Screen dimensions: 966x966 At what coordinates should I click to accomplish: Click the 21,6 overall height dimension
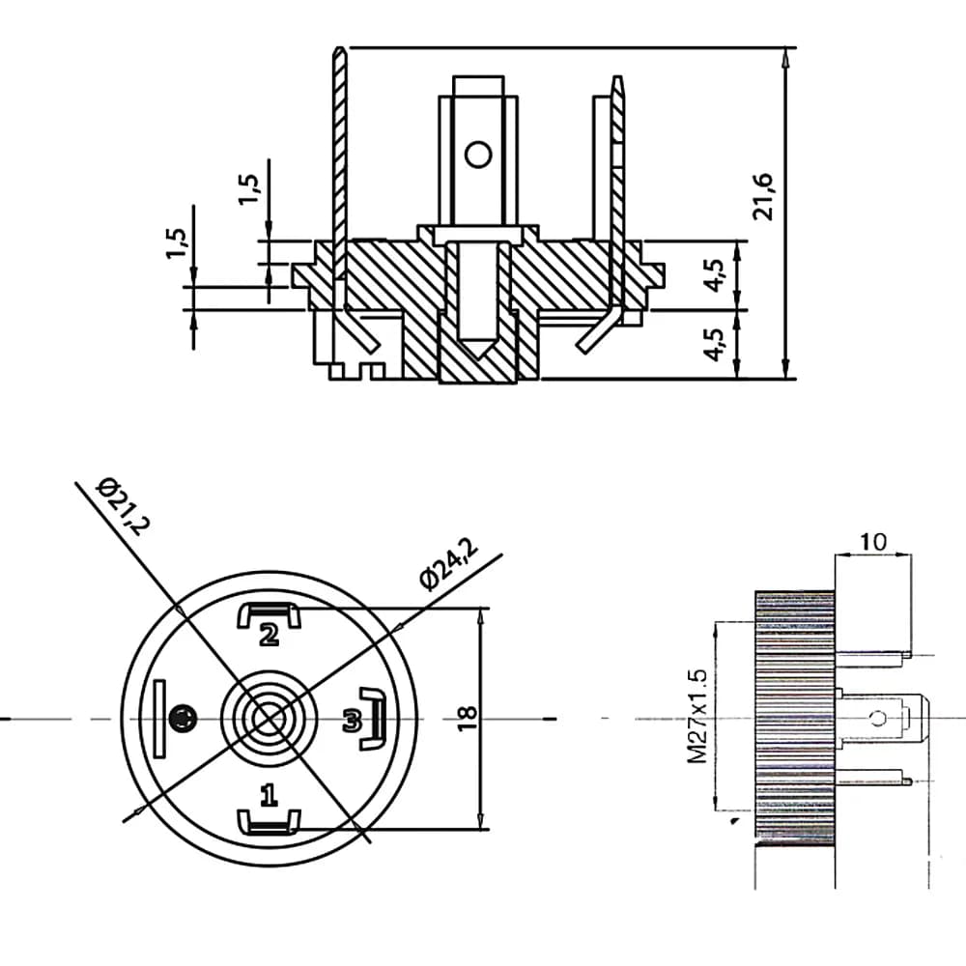click(x=763, y=196)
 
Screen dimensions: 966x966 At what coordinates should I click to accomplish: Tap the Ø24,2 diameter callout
click(x=448, y=563)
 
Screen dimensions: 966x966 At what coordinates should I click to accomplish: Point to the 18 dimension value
click(x=468, y=718)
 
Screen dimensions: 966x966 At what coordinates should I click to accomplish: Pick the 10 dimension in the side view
click(x=873, y=542)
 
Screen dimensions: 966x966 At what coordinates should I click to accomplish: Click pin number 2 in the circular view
click(x=269, y=635)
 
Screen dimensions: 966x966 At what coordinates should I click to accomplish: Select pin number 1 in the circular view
click(x=269, y=795)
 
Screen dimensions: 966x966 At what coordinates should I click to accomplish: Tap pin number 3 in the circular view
click(x=352, y=721)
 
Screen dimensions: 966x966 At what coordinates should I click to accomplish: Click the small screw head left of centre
click(x=183, y=719)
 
